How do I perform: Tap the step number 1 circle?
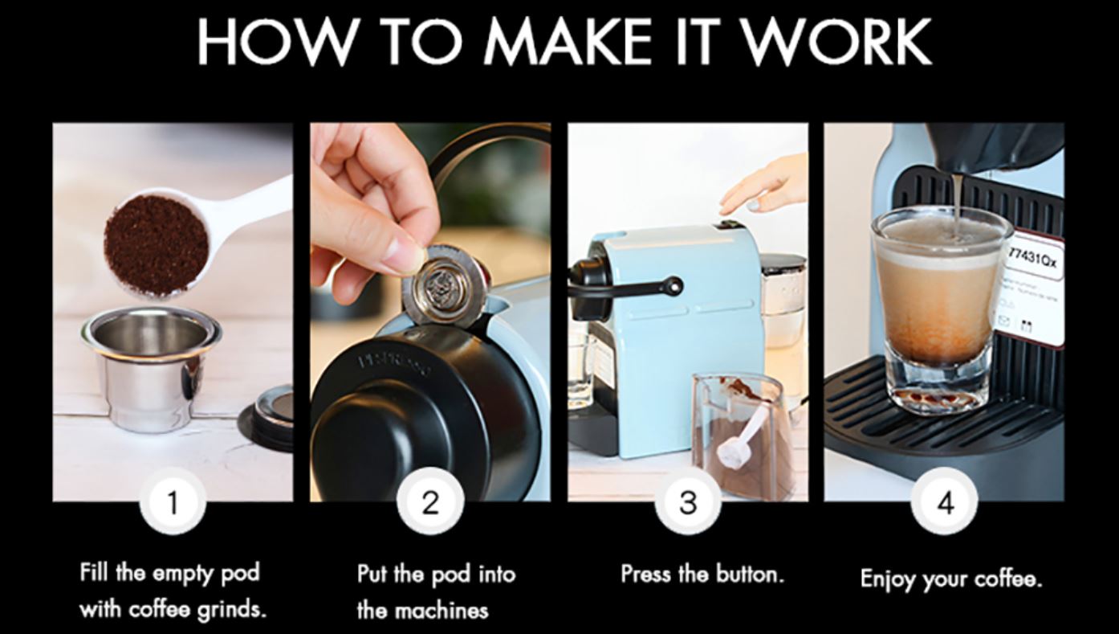coord(173,502)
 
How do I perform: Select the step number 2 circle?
coord(430,502)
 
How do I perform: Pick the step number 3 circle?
coord(688,502)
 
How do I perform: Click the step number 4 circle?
coord(946,502)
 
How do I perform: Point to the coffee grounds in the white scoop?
coord(156,245)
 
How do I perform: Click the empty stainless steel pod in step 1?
coord(150,366)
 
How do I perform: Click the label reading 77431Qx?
coord(1034,256)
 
